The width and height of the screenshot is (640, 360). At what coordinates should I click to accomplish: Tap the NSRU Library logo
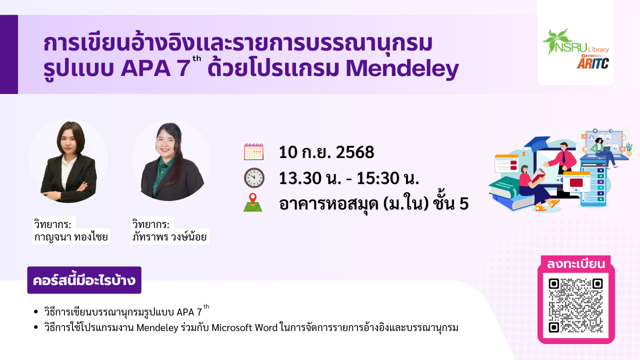point(575,42)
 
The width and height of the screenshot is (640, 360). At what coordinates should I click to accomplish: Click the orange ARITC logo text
point(593,62)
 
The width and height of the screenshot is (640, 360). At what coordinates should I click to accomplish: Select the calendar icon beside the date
point(253,151)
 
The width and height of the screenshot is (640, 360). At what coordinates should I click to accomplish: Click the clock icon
point(254,177)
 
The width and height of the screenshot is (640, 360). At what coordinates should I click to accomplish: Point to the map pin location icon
point(253,202)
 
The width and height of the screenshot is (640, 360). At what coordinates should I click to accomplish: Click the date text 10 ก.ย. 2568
point(326,152)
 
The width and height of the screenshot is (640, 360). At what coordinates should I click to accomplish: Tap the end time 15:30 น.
point(388,178)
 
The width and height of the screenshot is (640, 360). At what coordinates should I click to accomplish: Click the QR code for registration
point(575,305)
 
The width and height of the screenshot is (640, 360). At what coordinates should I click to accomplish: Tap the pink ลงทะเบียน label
point(575,263)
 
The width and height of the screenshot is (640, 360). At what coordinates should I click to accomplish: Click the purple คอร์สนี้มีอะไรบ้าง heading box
point(84,280)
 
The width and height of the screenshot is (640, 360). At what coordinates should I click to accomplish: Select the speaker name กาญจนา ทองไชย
point(71,237)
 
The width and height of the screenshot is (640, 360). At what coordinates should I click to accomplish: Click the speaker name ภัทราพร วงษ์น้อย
point(169,237)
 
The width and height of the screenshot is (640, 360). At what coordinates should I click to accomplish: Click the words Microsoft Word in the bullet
point(244,327)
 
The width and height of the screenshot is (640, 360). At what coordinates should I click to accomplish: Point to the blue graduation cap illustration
point(537,144)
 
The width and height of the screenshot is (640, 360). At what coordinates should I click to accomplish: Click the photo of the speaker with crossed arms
point(68,161)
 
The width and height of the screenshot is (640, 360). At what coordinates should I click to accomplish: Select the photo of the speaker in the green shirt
point(171,161)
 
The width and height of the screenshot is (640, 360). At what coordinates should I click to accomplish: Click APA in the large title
point(145,69)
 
